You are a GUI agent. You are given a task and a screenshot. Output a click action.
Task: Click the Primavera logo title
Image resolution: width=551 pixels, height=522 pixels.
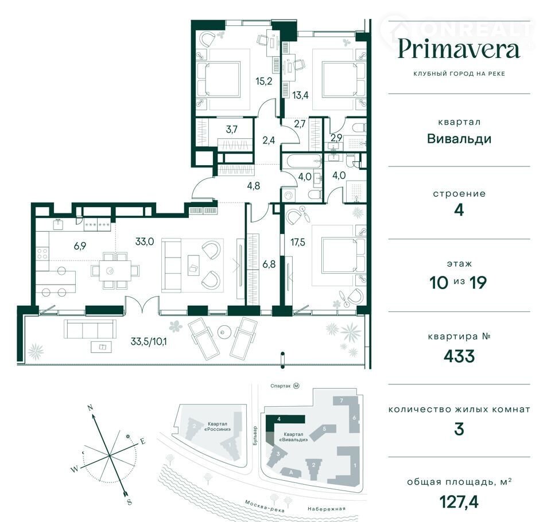[x=459, y=49]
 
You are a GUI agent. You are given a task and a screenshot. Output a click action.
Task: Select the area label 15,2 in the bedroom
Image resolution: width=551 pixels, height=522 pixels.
[x=263, y=81]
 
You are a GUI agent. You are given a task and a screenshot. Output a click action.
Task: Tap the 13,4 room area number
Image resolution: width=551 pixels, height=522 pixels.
[x=300, y=95]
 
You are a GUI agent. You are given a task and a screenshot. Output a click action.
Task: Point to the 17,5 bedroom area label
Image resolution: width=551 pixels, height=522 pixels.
[x=298, y=242]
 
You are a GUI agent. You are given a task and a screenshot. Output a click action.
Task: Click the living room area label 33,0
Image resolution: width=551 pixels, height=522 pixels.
[x=145, y=241]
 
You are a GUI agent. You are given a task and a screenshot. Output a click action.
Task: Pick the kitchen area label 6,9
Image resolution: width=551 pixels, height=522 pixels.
[x=80, y=246]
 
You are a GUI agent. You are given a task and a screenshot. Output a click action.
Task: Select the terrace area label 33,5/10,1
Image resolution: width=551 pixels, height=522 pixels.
[x=149, y=341]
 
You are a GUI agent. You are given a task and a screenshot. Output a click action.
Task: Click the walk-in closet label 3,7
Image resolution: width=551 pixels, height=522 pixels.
[x=231, y=130]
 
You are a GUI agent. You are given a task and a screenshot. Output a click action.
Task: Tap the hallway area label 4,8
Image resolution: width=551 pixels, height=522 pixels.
[x=253, y=185]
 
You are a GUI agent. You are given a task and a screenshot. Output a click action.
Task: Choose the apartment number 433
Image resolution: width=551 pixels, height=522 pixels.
[x=459, y=356]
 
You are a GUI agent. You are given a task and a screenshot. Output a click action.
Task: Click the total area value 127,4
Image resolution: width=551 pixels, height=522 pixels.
[x=459, y=501]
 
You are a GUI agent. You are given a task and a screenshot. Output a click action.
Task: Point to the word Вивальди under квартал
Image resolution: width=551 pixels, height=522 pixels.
[x=459, y=139]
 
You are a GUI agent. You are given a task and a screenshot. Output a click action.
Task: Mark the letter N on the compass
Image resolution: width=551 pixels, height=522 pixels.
[x=90, y=408]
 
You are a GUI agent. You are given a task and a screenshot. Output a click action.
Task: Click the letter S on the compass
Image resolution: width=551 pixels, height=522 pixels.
[x=130, y=502]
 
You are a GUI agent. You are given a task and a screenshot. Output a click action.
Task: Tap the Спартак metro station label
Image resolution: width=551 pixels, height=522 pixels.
[x=281, y=386]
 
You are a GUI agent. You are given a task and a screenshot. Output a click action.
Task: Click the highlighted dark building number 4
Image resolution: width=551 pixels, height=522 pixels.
[x=279, y=419]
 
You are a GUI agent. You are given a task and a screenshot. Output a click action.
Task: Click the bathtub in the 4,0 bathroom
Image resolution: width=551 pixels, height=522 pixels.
[x=302, y=162]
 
